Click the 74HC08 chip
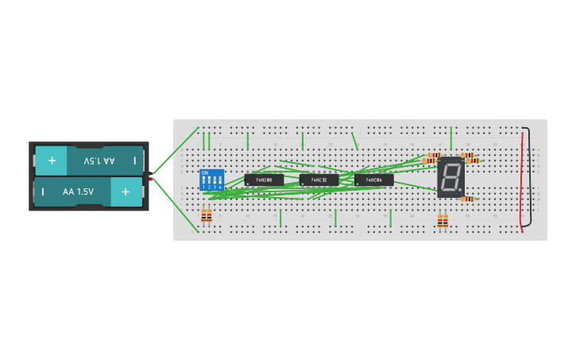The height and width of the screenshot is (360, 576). coord(264,180)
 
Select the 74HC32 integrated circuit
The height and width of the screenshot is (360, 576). coord(319,180)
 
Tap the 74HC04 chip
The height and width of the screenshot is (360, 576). coord(373,180)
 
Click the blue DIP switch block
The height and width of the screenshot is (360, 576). coord(211,179)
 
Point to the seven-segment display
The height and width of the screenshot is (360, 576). coord(450,177)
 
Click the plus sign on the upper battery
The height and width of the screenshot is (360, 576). coord(52,161)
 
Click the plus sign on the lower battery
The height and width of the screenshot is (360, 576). coord(126,192)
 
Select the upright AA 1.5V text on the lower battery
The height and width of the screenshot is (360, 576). coord(78,192)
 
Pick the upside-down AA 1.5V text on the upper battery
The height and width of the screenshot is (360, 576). coord(99,161)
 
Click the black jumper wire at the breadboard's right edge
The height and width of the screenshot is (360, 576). coord(530,175)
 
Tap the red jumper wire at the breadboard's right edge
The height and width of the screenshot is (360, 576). coord(522,179)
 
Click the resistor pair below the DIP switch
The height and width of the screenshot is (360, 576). coord(207,215)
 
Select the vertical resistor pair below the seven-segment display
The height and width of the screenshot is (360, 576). coord(443,221)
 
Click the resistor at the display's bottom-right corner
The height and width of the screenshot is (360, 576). coord(467,199)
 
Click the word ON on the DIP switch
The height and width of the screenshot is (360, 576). coord(205,172)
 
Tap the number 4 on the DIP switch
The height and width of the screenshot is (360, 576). coord(220,187)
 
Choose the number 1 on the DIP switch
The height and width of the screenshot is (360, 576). coord(203,187)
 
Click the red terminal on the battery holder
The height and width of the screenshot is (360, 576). coord(151,179)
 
